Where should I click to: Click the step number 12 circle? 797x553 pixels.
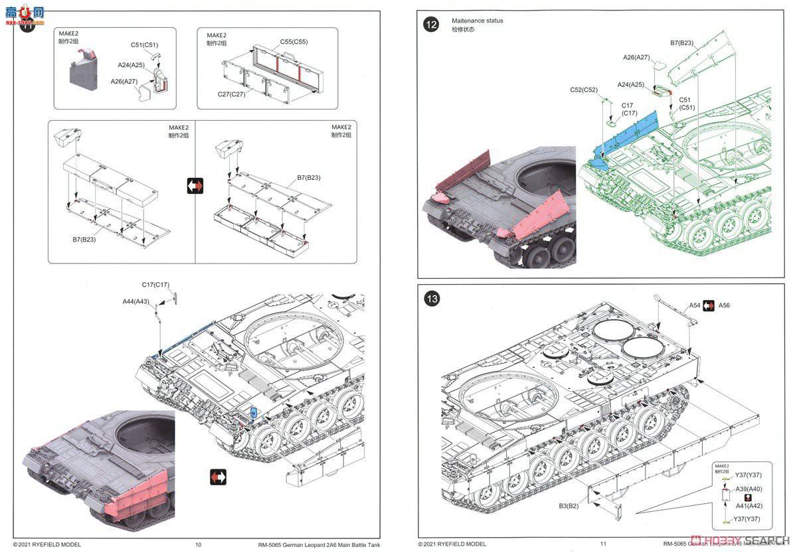431,25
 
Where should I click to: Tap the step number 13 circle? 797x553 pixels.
432,299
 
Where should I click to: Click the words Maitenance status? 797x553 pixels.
477,21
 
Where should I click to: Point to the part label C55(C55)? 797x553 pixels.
294,41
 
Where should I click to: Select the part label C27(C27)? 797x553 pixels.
232,94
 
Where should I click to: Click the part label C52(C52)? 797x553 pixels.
584,90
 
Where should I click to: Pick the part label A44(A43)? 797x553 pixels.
135,301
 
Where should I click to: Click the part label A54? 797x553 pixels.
694,305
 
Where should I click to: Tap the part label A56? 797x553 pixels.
724,305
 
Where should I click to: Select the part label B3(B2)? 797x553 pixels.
569,505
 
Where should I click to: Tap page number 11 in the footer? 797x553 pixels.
603,544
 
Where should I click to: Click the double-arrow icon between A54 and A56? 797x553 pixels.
709,305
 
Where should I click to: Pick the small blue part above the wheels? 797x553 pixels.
253,413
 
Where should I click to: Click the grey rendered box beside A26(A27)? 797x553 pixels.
85,73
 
